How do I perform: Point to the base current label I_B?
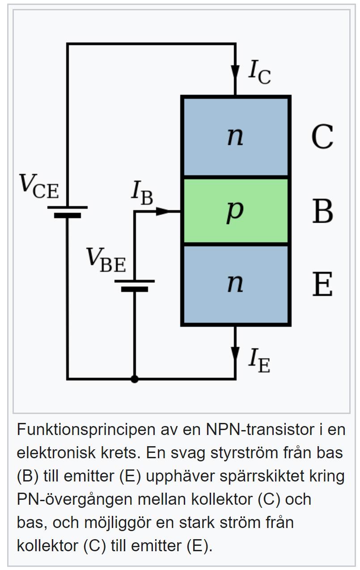pyautogui.click(x=142, y=192)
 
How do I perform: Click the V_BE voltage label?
pyautogui.click(x=106, y=260)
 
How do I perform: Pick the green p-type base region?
pyautogui.click(x=236, y=211)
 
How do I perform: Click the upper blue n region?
pyautogui.click(x=236, y=136)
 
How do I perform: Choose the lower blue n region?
pyautogui.click(x=236, y=284)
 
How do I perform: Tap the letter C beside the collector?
pyautogui.click(x=322, y=136)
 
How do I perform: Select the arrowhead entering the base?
pyautogui.click(x=163, y=211)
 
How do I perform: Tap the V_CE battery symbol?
pyautogui.click(x=68, y=211)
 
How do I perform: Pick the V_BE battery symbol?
pyautogui.click(x=135, y=285)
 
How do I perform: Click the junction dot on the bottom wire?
pyautogui.click(x=135, y=379)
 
